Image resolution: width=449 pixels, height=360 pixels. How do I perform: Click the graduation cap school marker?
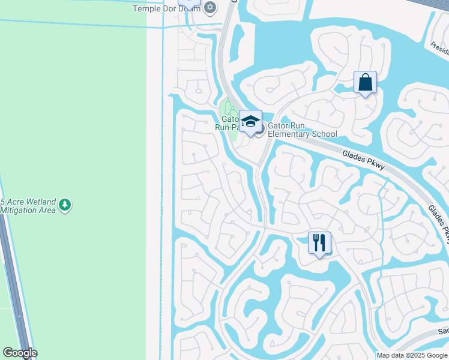250,121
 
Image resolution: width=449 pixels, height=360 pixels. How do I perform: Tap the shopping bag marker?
365,83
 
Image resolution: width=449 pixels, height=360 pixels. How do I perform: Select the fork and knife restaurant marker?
319,243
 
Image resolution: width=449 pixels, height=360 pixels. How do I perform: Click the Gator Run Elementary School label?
302,130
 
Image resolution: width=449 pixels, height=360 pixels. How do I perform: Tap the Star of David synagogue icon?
209,7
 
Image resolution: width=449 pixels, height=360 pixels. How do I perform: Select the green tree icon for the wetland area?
65,206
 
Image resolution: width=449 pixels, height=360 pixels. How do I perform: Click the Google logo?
19,353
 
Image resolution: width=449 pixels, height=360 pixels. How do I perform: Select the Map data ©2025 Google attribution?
412,355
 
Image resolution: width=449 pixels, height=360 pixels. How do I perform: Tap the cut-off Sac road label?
443,331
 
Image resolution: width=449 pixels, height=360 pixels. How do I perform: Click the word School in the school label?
324,134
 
